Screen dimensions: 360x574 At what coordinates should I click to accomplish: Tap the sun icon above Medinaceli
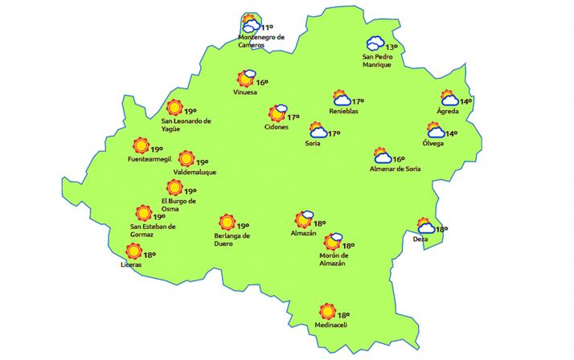coord(326,311)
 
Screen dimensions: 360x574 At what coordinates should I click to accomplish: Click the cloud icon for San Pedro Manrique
coord(375,44)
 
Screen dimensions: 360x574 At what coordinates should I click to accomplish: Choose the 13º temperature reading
coord(392,47)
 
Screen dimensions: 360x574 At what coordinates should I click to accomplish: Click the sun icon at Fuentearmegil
coord(141,145)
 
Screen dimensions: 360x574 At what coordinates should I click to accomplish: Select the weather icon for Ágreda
coord(449,99)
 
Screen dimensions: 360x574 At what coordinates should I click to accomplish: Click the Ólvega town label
coord(433,143)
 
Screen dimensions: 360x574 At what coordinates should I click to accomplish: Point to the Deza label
coord(420,239)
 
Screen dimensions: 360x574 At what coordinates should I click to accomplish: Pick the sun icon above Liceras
coord(133,252)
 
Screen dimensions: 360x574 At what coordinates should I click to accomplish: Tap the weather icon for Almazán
coord(303,219)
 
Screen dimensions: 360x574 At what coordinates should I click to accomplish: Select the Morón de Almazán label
coord(332,260)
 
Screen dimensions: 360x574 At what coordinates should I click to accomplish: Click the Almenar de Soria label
coord(395,169)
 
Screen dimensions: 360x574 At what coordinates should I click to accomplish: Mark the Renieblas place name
coord(344,112)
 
